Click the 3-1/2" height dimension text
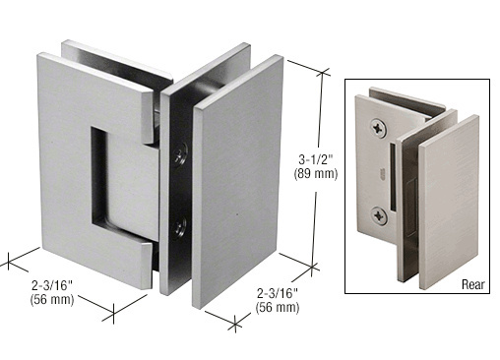pos(316,160)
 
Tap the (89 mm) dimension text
pos(316,173)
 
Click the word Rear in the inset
pos(472,284)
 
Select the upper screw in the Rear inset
pos(379,127)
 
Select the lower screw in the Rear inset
pos(379,215)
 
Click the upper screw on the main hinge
pos(180,156)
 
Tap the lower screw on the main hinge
pos(180,226)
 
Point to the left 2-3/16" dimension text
pos(52,286)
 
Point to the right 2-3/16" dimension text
pos(278,293)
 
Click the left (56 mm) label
pos(52,300)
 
